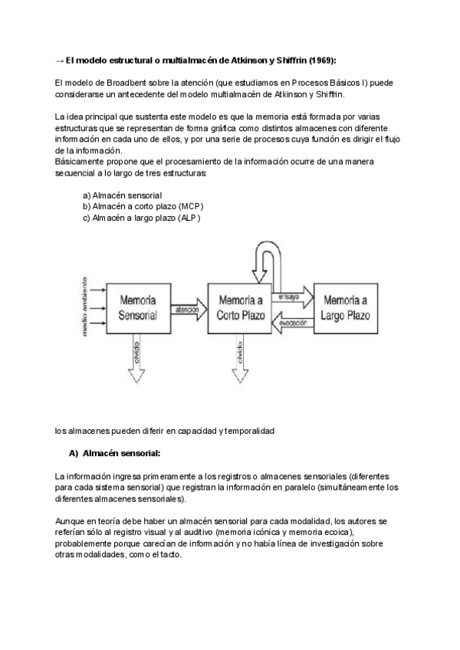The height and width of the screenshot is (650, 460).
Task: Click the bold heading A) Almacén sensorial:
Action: (114, 454)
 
